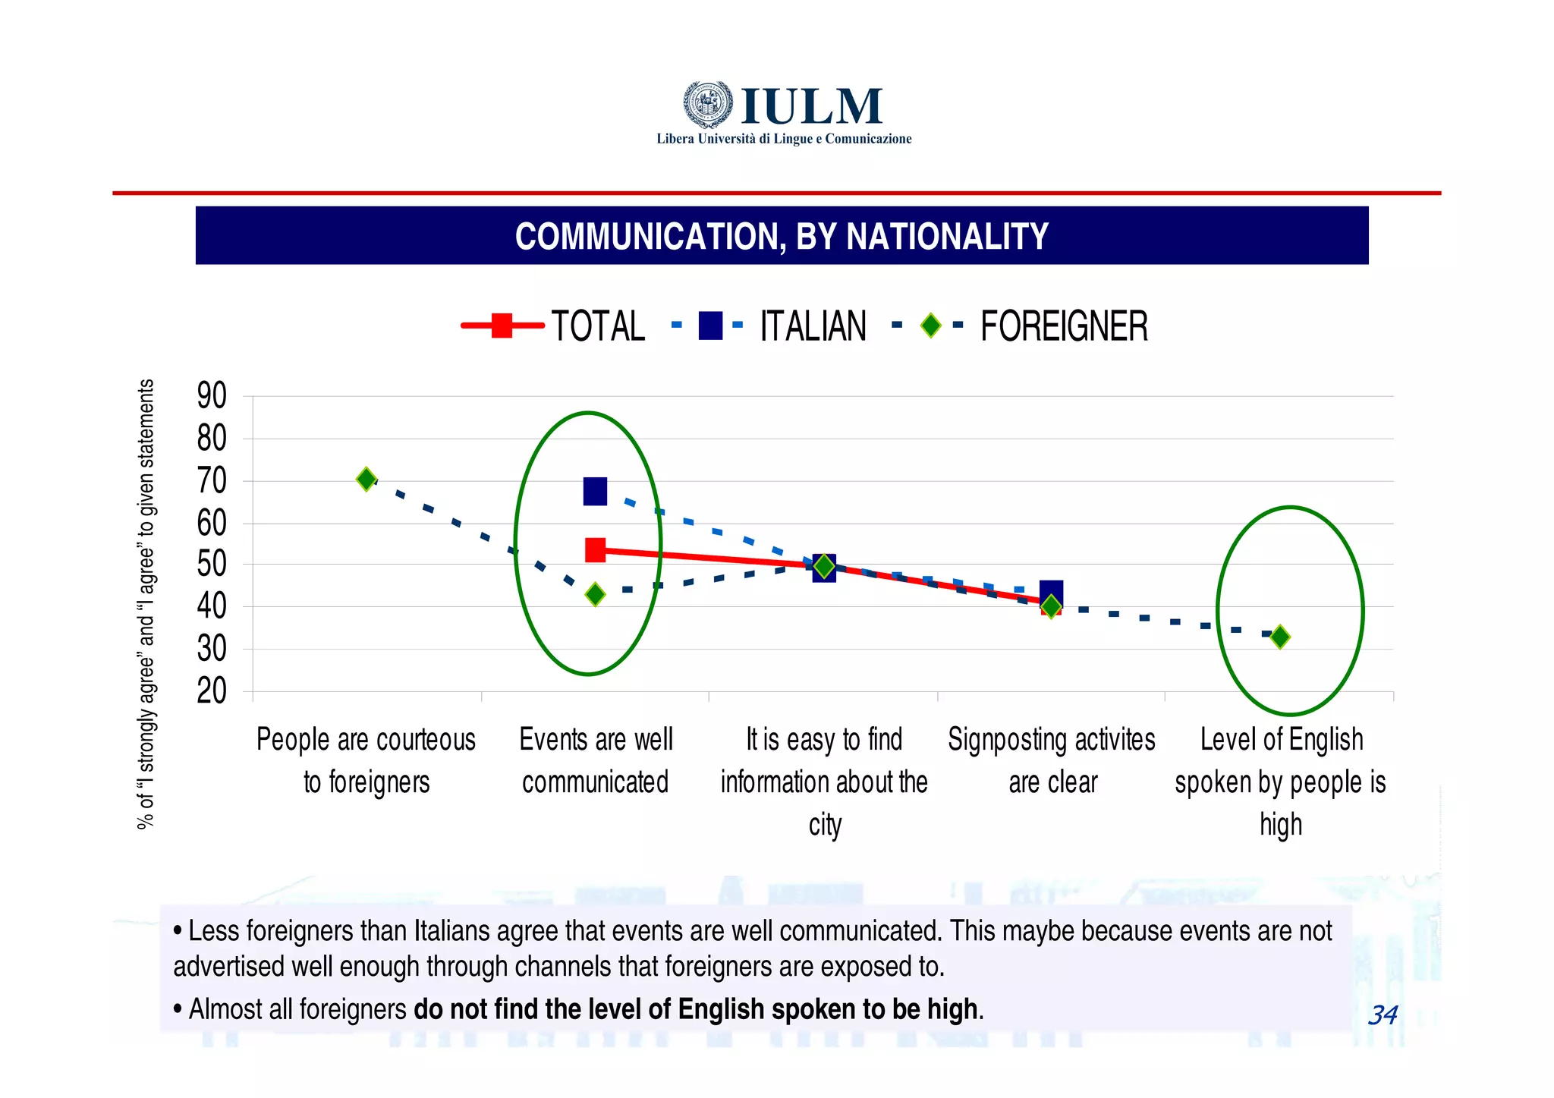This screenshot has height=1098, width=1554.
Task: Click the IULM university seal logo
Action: pos(708,104)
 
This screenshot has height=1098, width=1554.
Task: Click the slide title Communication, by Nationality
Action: pos(782,236)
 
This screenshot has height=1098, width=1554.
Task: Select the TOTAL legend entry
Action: pos(555,326)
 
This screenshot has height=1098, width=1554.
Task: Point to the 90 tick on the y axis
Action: pos(212,396)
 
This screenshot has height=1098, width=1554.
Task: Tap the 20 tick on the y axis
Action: pos(212,691)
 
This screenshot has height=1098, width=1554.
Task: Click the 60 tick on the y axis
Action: pos(212,524)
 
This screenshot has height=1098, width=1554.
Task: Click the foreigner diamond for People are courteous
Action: pos(366,480)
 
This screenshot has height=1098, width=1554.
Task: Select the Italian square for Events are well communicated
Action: pos(595,492)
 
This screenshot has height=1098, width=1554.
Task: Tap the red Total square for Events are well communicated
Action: pos(596,550)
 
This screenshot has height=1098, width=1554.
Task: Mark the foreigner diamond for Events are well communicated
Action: pos(596,594)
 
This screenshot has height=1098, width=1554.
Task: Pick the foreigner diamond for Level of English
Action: pos(1280,637)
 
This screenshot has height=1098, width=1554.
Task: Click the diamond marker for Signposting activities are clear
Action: pos(1051,606)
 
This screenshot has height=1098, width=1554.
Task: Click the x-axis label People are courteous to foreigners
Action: pos(366,760)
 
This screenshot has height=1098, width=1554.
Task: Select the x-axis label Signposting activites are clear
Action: pos(1052,760)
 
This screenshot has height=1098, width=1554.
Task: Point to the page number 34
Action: pos(1383,1015)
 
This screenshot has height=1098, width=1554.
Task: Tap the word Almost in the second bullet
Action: pos(221,1009)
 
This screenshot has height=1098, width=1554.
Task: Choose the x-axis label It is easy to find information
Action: pos(824,782)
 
